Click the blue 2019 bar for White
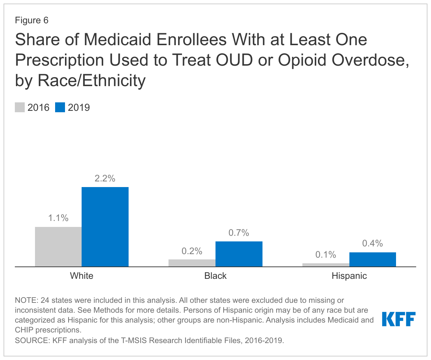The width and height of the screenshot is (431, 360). click(105, 227)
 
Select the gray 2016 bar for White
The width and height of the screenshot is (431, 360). click(58, 247)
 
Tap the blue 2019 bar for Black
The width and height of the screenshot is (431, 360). click(239, 254)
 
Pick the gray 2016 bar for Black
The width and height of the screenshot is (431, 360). click(192, 263)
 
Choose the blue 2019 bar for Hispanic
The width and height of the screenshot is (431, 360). click(373, 259)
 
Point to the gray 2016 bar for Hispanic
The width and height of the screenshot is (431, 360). click(326, 265)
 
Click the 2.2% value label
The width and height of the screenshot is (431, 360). click(105, 179)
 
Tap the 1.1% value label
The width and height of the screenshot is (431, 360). click(58, 218)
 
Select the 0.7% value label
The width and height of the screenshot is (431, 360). click(239, 233)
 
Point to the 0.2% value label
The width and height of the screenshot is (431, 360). click(192, 251)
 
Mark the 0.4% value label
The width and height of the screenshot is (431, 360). click(373, 244)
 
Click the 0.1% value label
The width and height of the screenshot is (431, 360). click(326, 255)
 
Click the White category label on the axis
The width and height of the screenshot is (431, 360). click(82, 276)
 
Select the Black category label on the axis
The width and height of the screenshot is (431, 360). click(215, 276)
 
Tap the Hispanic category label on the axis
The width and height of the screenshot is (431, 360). click(349, 276)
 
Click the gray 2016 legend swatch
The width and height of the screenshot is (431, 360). click(20, 107)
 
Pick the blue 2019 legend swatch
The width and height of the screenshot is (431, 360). click(60, 107)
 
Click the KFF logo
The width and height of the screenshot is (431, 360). click(399, 319)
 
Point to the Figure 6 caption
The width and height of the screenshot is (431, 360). click(32, 20)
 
